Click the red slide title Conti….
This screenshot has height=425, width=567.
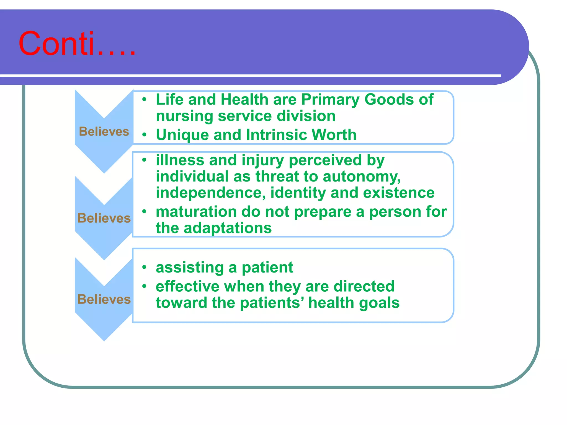tap(77, 44)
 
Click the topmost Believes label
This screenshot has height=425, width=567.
tap(104, 131)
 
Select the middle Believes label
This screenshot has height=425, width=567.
tap(104, 218)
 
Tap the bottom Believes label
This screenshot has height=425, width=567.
tap(104, 299)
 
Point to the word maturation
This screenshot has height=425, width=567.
tap(196, 212)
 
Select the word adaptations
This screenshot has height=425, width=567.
tap(228, 228)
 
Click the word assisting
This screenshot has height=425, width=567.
tap(190, 268)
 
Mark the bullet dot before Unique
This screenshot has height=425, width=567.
tap(144, 135)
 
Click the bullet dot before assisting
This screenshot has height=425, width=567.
tap(144, 267)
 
